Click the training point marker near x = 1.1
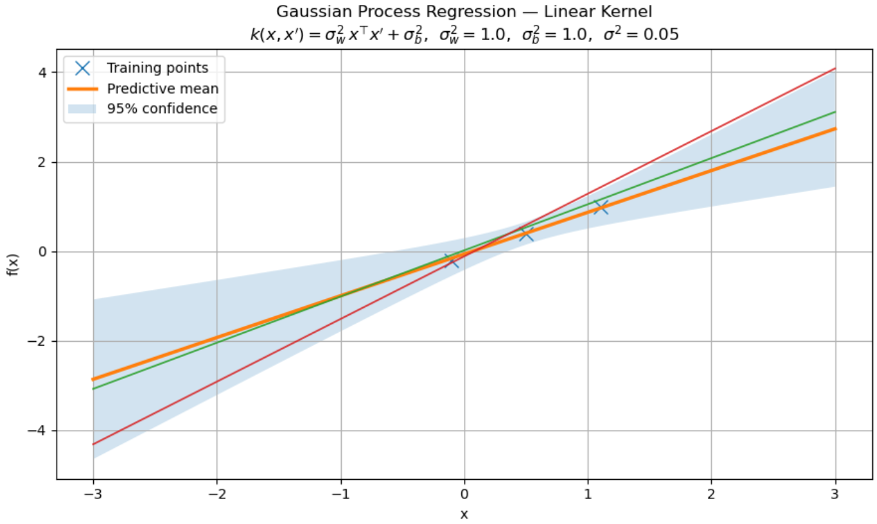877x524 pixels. pyautogui.click(x=600, y=206)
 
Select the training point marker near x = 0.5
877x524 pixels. pyautogui.click(x=526, y=233)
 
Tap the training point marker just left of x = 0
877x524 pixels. pyautogui.click(x=452, y=260)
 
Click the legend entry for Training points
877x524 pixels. pyautogui.click(x=157, y=68)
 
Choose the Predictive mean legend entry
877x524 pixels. pyautogui.click(x=162, y=88)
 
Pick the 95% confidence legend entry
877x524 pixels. pyautogui.click(x=162, y=108)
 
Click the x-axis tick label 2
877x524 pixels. pyautogui.click(x=711, y=495)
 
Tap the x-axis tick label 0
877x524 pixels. pyautogui.click(x=464, y=495)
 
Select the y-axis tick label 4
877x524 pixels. pyautogui.click(x=42, y=72)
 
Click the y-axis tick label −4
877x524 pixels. pyautogui.click(x=38, y=431)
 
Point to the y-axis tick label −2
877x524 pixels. pyautogui.click(x=38, y=341)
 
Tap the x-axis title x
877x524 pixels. pyautogui.click(x=464, y=514)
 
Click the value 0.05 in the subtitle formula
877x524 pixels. pyautogui.click(x=661, y=34)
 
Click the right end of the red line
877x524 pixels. pyautogui.click(x=835, y=68)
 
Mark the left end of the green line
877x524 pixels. pyautogui.click(x=93, y=389)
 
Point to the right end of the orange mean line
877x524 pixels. pyautogui.click(x=835, y=129)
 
